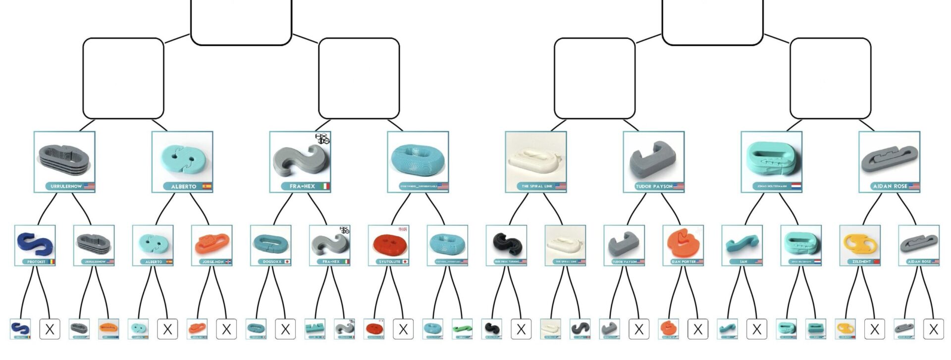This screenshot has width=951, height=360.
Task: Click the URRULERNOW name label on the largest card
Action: click(x=66, y=187)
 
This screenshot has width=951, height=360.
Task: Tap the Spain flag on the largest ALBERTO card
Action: click(x=207, y=187)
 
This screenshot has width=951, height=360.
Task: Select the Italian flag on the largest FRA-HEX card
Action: click(x=325, y=187)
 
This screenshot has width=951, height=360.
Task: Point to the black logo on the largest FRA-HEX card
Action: click(x=322, y=139)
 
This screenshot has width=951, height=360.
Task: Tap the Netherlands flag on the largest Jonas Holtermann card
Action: click(x=796, y=187)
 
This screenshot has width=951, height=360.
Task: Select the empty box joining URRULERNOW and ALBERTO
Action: click(x=123, y=78)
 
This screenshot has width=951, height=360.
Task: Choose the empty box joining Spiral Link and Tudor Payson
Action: click(x=594, y=78)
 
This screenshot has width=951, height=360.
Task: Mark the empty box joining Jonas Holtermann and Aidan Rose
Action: click(x=830, y=78)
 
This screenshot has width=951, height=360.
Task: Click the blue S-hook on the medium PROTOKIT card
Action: click(x=35, y=243)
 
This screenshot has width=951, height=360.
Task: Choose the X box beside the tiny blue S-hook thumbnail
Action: click(x=50, y=329)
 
